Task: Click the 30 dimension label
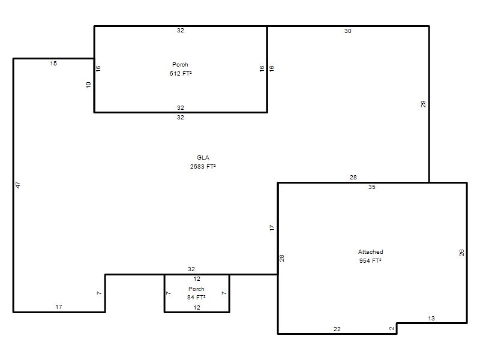tap(348, 31)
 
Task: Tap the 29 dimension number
tap(423, 104)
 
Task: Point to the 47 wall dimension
tap(18, 185)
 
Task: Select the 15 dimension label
tap(53, 64)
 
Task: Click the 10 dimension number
tap(88, 85)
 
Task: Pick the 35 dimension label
tap(371, 187)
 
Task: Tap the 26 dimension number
tap(461, 253)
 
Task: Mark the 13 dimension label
tap(431, 319)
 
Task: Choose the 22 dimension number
tap(337, 329)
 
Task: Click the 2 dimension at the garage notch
tap(392, 328)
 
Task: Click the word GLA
tap(203, 158)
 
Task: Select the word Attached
tap(370, 252)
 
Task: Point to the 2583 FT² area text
tap(203, 167)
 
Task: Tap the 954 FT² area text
tap(370, 261)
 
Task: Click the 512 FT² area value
tap(181, 73)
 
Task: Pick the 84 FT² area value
tap(196, 297)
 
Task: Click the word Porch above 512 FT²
tap(180, 65)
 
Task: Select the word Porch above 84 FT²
tap(196, 289)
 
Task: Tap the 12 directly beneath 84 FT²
tap(197, 308)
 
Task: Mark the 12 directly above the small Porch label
tap(197, 279)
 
